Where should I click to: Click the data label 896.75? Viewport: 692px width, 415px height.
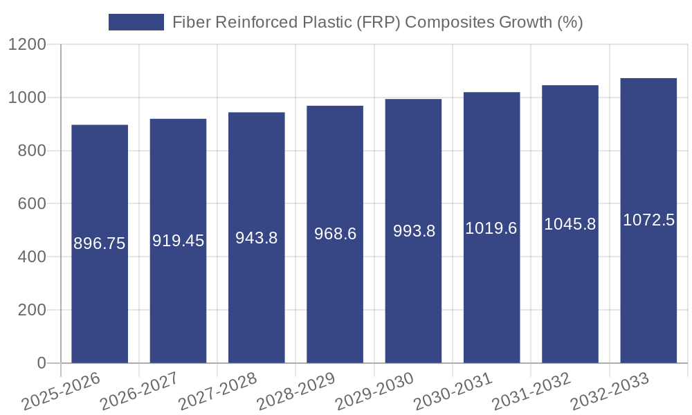pyautogui.click(x=100, y=243)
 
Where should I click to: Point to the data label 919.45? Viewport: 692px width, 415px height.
pyautogui.click(x=178, y=241)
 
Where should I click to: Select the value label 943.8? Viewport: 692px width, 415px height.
pyautogui.click(x=257, y=238)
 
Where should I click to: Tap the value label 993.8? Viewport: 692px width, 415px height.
pyautogui.click(x=414, y=231)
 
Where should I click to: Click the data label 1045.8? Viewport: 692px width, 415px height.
pyautogui.click(x=570, y=224)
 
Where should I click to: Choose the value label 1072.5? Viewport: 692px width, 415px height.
pyautogui.click(x=648, y=220)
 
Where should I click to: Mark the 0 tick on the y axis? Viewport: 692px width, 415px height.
pyautogui.click(x=41, y=363)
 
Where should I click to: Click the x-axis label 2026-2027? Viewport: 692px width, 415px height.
pyautogui.click(x=138, y=391)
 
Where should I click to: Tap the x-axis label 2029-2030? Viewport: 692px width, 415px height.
pyautogui.click(x=374, y=391)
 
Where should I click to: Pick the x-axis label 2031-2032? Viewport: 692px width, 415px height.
pyautogui.click(x=531, y=391)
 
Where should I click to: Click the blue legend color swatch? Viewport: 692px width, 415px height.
pyautogui.click(x=136, y=22)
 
